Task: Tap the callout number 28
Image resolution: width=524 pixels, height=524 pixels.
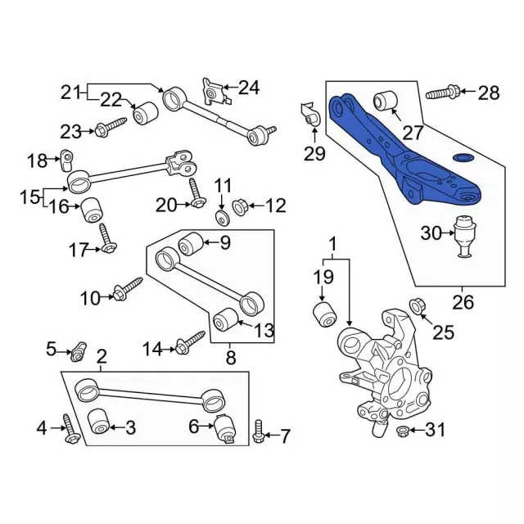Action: (489, 93)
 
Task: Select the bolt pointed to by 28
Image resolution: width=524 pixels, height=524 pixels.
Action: (443, 93)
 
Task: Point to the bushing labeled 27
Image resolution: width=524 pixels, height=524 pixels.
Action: (385, 100)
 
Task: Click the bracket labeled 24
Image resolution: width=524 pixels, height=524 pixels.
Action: (214, 91)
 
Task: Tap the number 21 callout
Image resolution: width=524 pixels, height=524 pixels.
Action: (70, 92)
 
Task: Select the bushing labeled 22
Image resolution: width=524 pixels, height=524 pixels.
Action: (146, 113)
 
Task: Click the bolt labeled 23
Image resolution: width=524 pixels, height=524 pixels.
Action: (111, 128)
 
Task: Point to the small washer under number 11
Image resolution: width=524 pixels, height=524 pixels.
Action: (222, 218)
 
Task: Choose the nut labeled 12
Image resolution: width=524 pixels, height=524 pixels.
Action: (240, 207)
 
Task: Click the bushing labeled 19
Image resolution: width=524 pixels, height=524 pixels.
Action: (325, 314)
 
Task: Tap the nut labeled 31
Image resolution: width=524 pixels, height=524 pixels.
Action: (401, 431)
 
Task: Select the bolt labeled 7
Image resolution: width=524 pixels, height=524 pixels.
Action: (258, 431)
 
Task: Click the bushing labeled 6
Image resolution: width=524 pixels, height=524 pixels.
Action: (224, 429)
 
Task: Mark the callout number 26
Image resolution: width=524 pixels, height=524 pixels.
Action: (463, 302)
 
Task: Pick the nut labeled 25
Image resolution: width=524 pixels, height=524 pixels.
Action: (417, 306)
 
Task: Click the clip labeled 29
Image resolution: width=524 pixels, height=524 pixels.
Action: (310, 115)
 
